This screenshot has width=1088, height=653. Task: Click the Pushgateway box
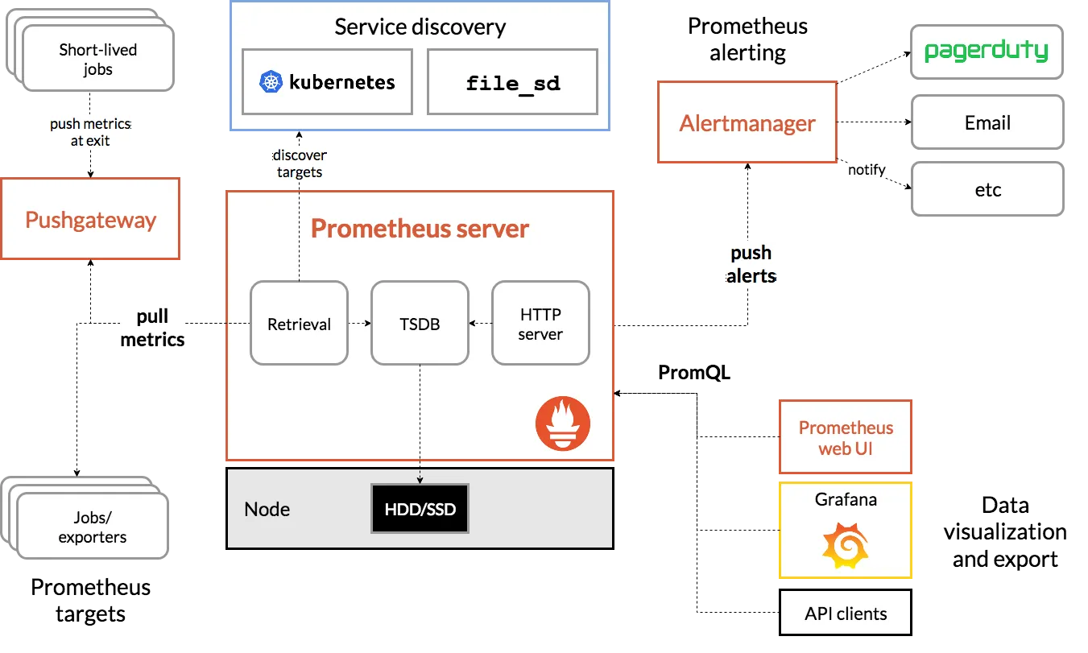(90, 220)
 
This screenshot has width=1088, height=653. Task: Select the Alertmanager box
(747, 123)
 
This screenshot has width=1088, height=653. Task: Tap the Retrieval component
(299, 324)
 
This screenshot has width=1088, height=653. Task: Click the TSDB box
(420, 324)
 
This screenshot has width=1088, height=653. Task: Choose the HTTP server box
(540, 324)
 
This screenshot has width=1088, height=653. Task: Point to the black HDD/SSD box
(420, 509)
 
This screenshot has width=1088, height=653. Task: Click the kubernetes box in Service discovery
(328, 81)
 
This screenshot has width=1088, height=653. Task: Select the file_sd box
(512, 82)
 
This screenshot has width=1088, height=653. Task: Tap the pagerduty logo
(987, 52)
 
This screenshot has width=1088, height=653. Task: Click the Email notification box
(987, 123)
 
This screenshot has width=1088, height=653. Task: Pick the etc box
(987, 190)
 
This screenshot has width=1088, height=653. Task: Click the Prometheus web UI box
(846, 438)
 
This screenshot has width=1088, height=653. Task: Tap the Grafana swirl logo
(845, 545)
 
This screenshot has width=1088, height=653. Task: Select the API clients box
(846, 614)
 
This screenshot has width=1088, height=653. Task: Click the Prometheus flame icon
(563, 423)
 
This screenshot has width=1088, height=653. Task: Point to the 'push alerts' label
(751, 264)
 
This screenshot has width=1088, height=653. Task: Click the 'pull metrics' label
(152, 328)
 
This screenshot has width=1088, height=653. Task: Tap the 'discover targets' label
(300, 163)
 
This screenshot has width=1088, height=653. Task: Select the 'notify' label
(866, 169)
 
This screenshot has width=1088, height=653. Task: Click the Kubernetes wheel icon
(271, 81)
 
